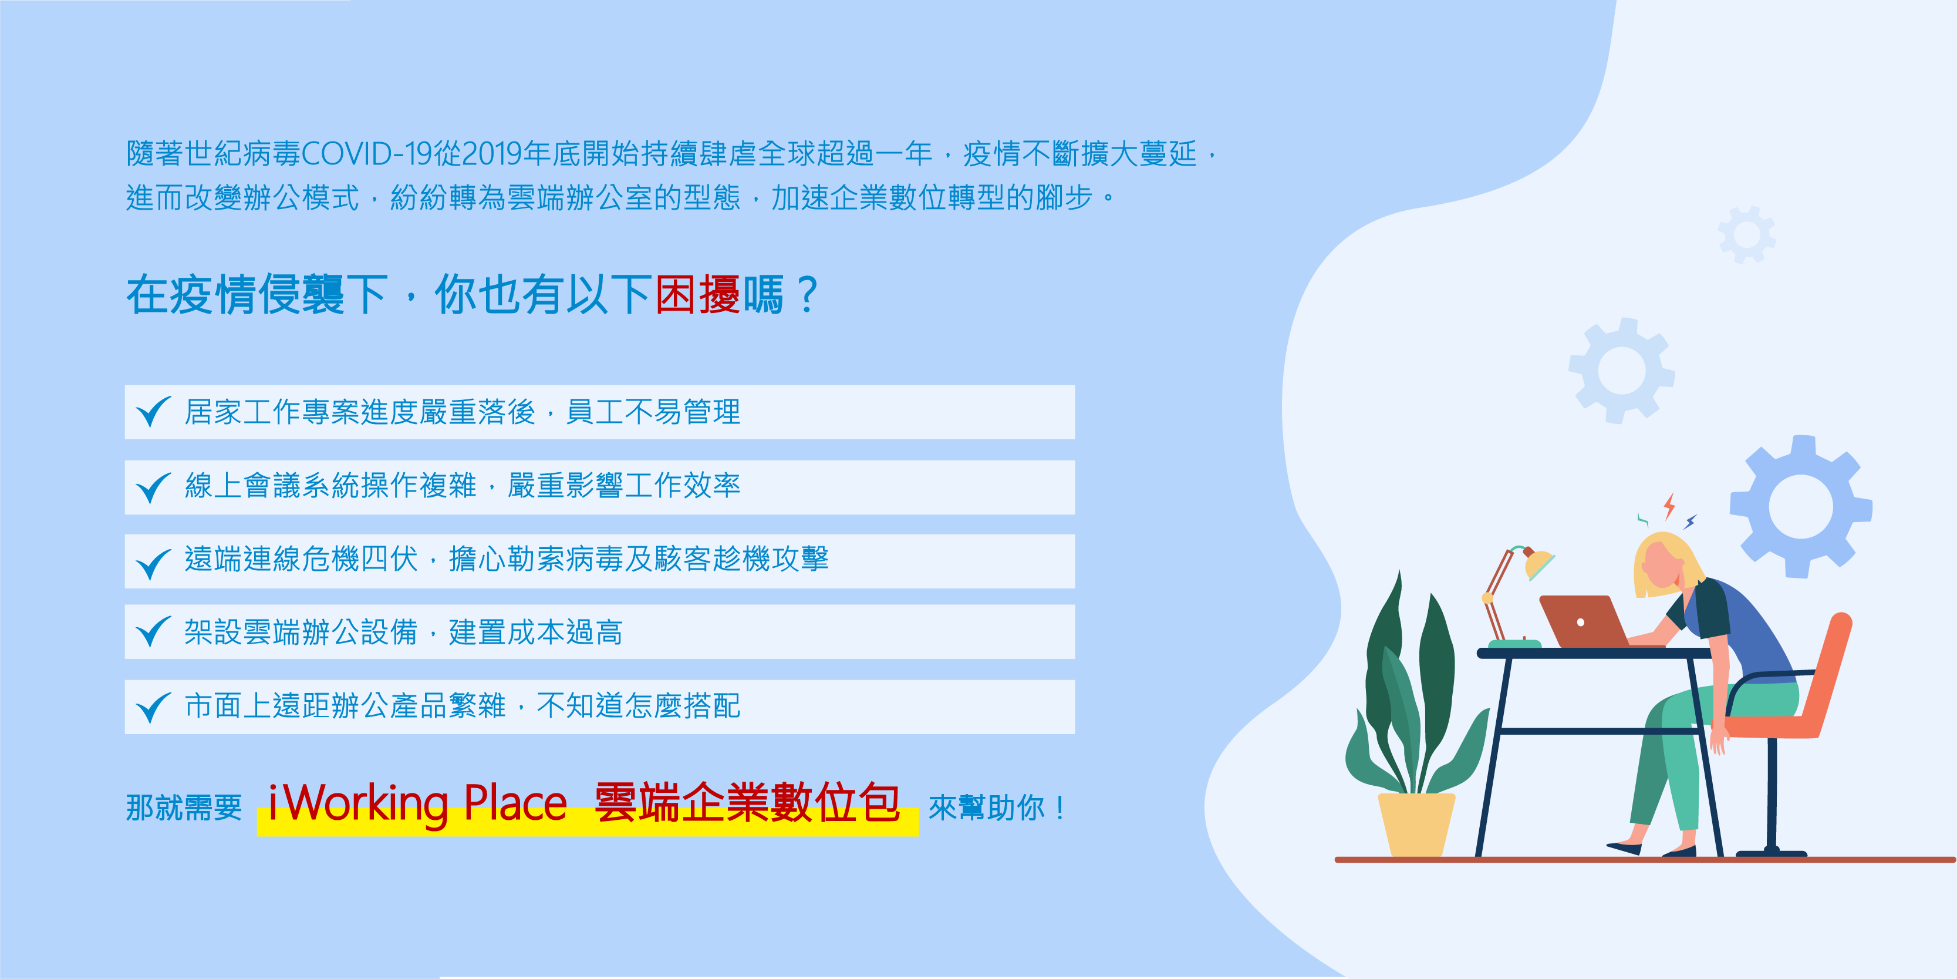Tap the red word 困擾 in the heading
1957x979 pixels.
pyautogui.click(x=697, y=295)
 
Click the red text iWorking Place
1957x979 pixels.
pyautogui.click(x=418, y=803)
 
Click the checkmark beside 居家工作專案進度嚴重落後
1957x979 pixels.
pyautogui.click(x=153, y=411)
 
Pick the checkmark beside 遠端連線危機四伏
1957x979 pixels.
pyautogui.click(x=153, y=563)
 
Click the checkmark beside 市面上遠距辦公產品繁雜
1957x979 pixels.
pyautogui.click(x=153, y=708)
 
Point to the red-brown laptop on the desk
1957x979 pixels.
pyautogui.click(x=1584, y=621)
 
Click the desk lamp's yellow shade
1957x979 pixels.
pyautogui.click(x=1539, y=564)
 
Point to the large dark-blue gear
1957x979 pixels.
pyautogui.click(x=1800, y=506)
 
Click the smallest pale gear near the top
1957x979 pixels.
pyautogui.click(x=1747, y=234)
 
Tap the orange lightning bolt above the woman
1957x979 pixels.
pyautogui.click(x=1669, y=506)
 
